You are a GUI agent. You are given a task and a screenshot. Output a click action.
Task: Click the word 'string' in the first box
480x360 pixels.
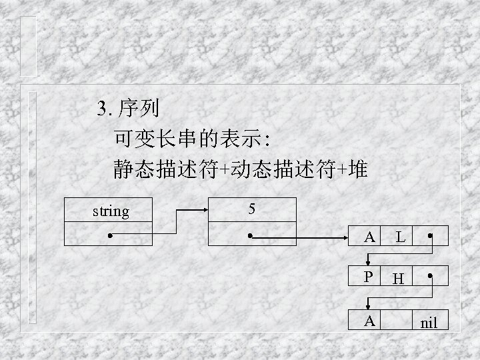(x=110, y=212)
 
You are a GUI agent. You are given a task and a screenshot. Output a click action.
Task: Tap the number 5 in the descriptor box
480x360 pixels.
(x=251, y=209)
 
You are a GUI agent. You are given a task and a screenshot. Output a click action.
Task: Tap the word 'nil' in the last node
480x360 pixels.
(x=429, y=323)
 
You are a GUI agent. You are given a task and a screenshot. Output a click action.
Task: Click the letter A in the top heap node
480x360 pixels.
(x=369, y=236)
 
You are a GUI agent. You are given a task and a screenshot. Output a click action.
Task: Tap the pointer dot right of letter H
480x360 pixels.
(x=431, y=276)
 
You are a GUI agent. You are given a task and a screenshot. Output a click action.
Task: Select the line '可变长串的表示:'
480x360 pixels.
(x=191, y=139)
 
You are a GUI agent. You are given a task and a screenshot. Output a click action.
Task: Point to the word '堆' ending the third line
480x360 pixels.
(x=357, y=171)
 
